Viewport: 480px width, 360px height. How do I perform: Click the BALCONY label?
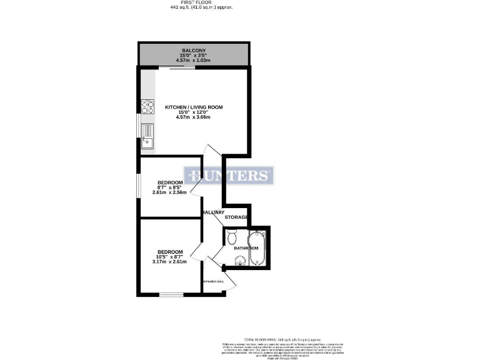(x=193, y=50)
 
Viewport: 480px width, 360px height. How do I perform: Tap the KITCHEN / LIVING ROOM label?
(x=193, y=107)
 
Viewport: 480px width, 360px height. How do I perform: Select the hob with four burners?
(x=148, y=107)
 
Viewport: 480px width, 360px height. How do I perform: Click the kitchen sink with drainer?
(x=147, y=136)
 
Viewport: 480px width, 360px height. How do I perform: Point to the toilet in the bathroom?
(x=232, y=238)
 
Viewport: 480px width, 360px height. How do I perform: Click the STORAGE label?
(x=237, y=217)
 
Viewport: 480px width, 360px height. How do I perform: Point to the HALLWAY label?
(x=212, y=212)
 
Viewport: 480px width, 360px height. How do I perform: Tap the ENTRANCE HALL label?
(x=213, y=282)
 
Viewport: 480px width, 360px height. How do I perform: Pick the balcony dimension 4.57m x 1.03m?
(x=193, y=61)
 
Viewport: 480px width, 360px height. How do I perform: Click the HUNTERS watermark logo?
(x=229, y=176)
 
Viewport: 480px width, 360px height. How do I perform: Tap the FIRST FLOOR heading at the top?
(x=193, y=2)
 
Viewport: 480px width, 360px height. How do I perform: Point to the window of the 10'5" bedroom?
(x=169, y=294)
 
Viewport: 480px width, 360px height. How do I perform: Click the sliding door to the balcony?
(x=182, y=68)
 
